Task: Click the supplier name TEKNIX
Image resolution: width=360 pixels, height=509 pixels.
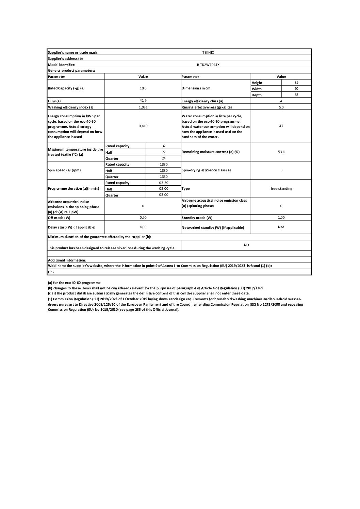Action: pos(208,52)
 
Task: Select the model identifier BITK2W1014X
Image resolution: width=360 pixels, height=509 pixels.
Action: pos(208,65)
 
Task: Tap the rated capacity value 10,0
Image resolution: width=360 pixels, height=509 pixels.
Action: pos(143,88)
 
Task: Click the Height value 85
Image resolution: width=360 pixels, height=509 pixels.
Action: pos(296,82)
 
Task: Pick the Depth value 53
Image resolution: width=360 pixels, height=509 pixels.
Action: pos(296,95)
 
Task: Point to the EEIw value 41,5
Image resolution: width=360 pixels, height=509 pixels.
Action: pos(143,101)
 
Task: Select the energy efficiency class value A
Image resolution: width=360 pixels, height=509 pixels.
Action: pos(281,101)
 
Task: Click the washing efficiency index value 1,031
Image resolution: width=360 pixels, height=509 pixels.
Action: pos(143,107)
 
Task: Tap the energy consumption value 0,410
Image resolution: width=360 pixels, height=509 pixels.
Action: pos(143,126)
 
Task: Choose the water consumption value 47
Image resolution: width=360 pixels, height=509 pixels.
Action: pos(281,126)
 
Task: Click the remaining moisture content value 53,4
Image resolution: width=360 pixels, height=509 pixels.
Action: pos(281,152)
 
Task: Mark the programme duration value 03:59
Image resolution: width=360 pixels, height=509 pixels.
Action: pos(164,183)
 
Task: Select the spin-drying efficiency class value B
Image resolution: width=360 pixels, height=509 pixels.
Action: pos(281,170)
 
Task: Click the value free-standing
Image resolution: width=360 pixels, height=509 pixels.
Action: pos(281,188)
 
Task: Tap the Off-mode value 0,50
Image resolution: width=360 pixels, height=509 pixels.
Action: pos(143,217)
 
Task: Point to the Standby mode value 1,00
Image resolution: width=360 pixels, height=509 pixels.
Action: pos(281,217)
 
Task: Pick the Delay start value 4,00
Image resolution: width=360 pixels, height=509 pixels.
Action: pos(143,227)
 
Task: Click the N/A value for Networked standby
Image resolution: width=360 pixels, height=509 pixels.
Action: pos(281,227)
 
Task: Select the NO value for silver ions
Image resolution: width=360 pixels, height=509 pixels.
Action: pos(246,245)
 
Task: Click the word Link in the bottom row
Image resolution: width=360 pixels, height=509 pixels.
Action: pos(51,272)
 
